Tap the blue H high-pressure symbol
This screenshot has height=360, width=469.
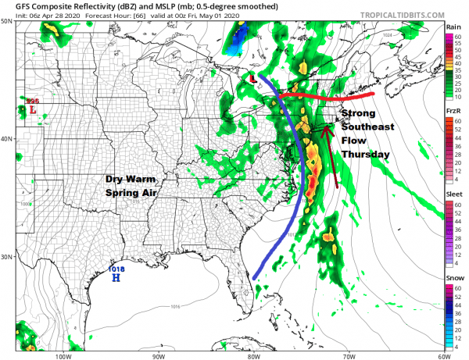pos(116,278)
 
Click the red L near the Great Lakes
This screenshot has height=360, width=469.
pos(253,79)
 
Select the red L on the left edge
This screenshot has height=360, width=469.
pos(32,111)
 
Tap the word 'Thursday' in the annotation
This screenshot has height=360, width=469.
pos(365,155)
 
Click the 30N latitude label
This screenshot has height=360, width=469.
pos(7,257)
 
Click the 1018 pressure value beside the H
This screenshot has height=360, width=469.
pos(116,269)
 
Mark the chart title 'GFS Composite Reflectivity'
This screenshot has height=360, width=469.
pos(70,5)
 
